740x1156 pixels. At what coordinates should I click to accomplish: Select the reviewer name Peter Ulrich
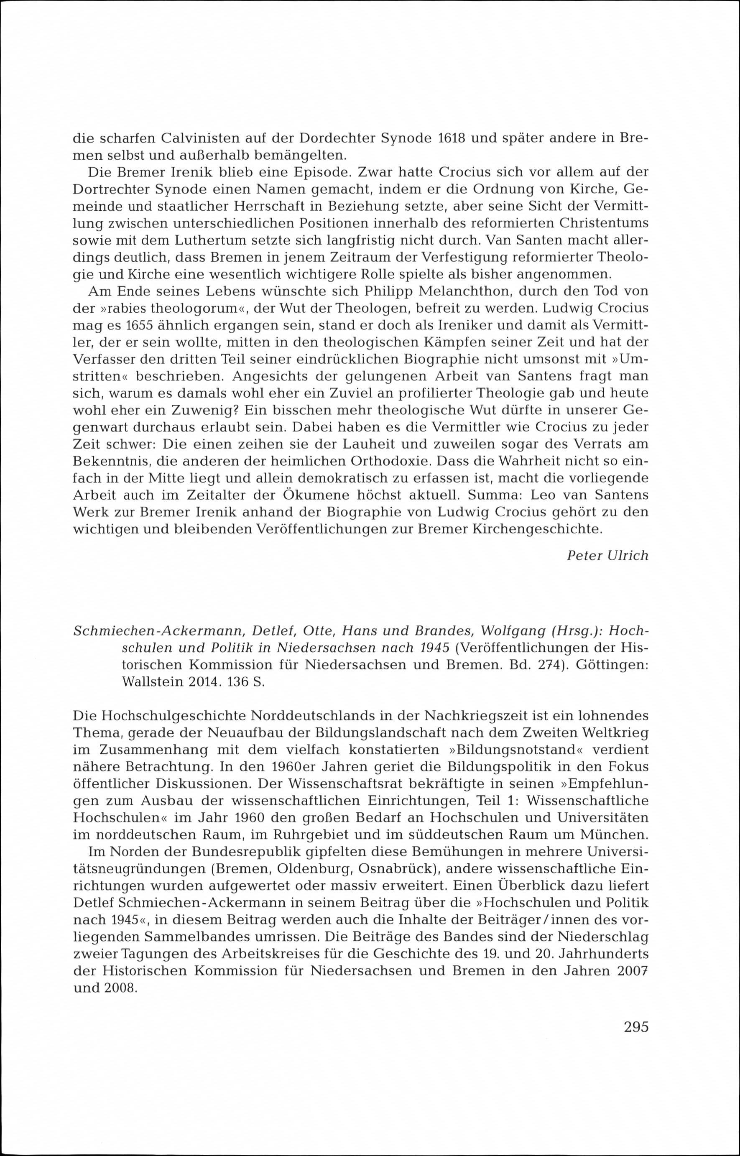[x=607, y=555]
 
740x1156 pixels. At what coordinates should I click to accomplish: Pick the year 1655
[x=140, y=326]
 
